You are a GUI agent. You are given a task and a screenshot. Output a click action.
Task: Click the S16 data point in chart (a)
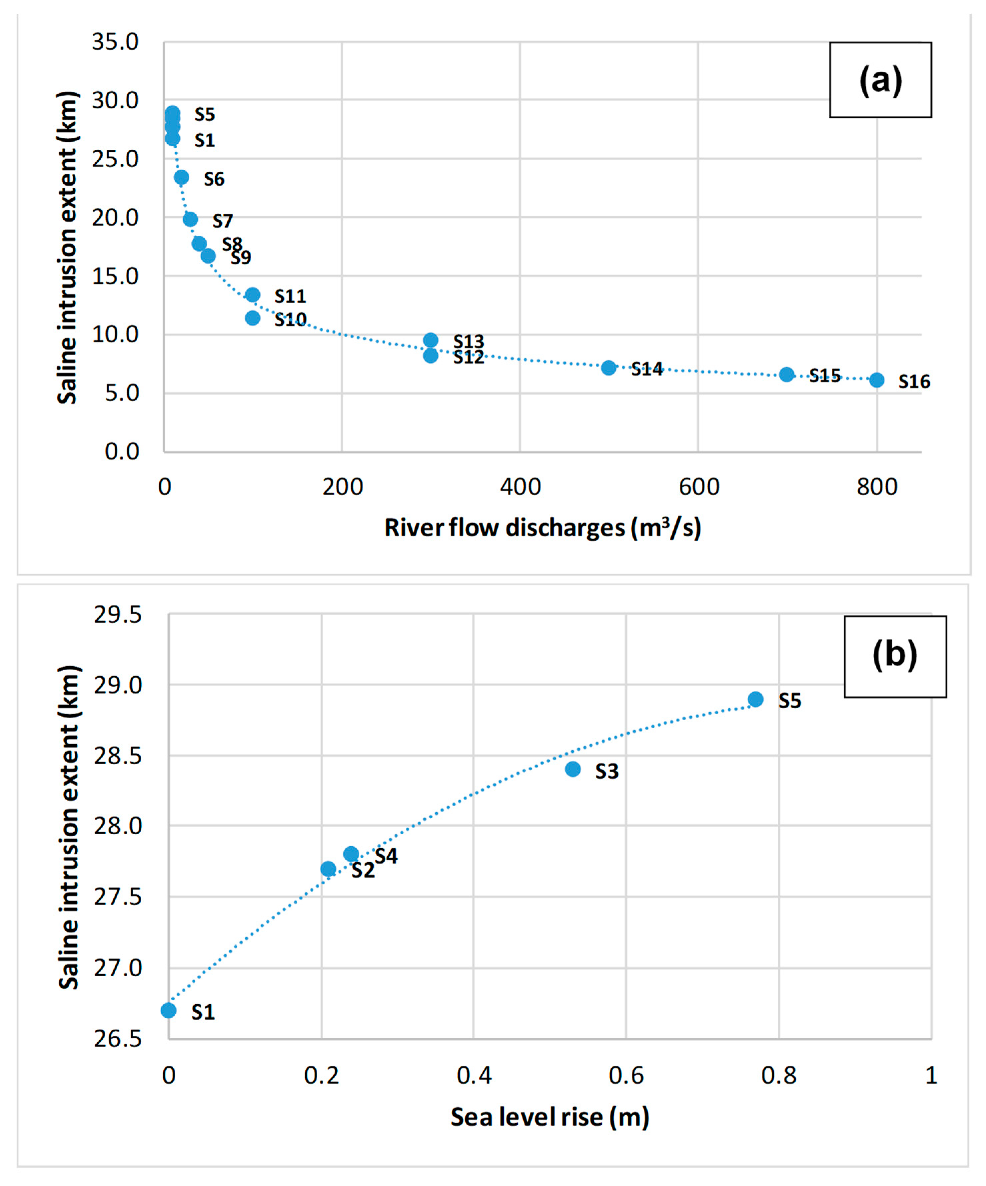tap(876, 380)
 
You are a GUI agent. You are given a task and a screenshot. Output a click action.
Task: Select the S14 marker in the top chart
tap(608, 368)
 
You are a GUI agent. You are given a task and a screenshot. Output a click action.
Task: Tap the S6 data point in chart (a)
tap(181, 177)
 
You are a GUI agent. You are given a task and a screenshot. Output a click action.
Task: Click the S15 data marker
tap(787, 374)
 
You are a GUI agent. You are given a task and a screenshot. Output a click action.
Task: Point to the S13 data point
tap(431, 340)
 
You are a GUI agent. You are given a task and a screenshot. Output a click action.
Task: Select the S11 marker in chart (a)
tap(253, 294)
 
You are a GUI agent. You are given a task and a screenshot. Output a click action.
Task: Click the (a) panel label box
tap(880, 80)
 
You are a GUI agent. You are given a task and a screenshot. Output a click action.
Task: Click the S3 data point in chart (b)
tap(573, 769)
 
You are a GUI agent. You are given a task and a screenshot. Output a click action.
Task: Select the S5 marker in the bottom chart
tap(756, 699)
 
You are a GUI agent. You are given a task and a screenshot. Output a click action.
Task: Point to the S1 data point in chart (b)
tap(169, 1010)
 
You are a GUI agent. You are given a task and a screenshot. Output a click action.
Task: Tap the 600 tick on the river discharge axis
tap(699, 487)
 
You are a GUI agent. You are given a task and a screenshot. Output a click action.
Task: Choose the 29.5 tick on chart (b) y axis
tap(117, 615)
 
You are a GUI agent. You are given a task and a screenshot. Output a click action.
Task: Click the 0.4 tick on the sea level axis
tap(474, 1076)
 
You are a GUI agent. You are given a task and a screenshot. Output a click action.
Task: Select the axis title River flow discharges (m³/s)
tap(542, 528)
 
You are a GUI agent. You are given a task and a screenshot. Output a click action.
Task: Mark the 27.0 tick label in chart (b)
tap(117, 968)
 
